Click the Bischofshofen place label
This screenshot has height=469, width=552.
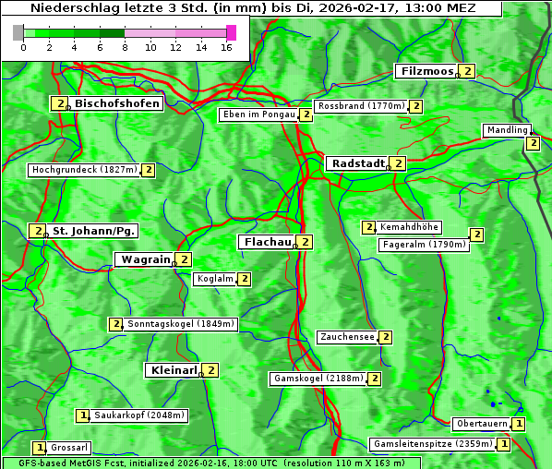[x=117, y=103]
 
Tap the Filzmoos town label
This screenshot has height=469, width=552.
[x=426, y=71]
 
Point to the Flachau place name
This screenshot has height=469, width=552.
[x=267, y=242]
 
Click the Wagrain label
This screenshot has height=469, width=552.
[x=145, y=260]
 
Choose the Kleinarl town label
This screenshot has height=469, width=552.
[x=173, y=370]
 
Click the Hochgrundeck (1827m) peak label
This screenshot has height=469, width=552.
[x=84, y=170]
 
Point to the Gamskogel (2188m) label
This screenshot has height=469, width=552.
[x=318, y=379]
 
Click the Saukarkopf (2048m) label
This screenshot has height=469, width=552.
[x=140, y=415]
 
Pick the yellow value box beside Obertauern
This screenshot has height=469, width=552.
[x=519, y=424]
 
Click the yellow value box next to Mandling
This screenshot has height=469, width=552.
[x=533, y=143]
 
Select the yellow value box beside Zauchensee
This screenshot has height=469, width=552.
[x=385, y=338]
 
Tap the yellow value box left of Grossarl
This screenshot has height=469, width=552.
[x=39, y=448]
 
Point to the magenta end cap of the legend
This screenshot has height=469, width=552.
[x=231, y=32]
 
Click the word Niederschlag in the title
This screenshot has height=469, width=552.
[x=70, y=8]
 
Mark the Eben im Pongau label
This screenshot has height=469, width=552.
[x=258, y=115]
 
